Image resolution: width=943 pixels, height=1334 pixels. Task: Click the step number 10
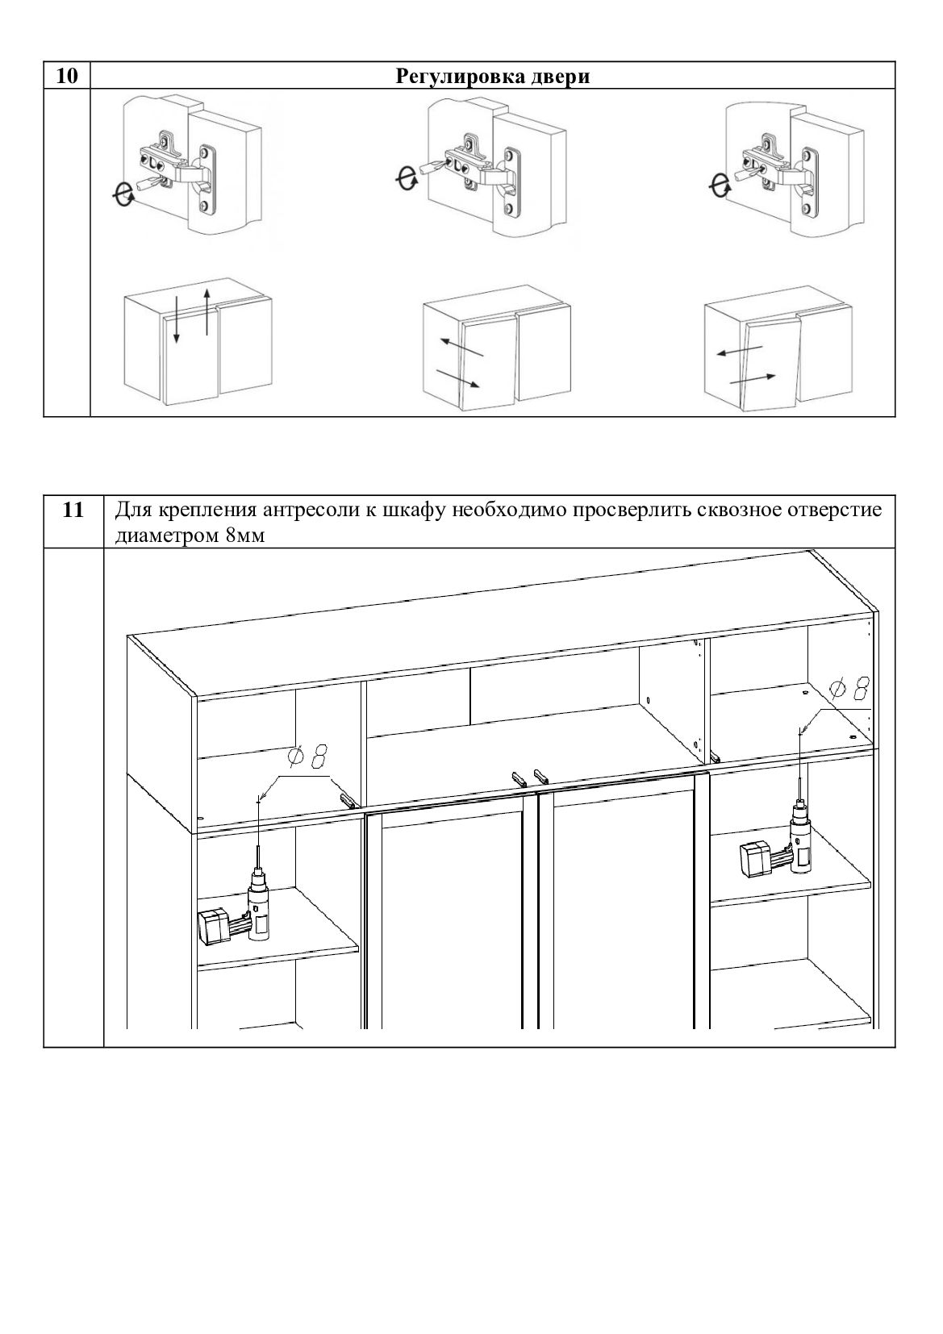tap(68, 77)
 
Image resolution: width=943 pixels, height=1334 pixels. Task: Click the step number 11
tap(73, 510)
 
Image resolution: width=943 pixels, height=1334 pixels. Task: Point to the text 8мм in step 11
tap(244, 536)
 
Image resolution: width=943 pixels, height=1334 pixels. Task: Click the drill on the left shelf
tap(242, 911)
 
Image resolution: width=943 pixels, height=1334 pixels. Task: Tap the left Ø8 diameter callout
tap(308, 758)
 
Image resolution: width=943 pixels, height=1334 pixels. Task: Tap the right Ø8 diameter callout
tap(849, 688)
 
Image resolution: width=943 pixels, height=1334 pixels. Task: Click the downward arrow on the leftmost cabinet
tap(177, 319)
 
